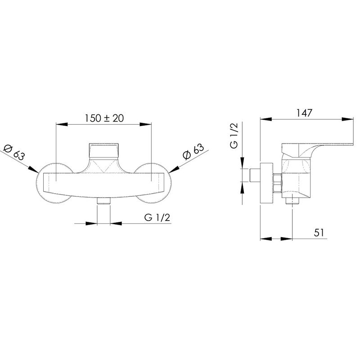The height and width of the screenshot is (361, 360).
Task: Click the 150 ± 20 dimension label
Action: click(x=104, y=118)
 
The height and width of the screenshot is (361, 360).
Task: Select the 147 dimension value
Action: click(x=304, y=113)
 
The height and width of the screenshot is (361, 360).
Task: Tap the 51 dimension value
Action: click(x=319, y=233)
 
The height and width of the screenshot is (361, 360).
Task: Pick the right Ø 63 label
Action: click(x=193, y=152)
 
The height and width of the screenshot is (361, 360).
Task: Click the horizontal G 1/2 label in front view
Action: click(x=157, y=217)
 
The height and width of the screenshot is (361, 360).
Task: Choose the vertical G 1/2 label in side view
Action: click(x=234, y=135)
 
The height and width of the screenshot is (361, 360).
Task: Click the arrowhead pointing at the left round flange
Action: click(x=33, y=169)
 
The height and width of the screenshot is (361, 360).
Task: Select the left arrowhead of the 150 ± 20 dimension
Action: click(x=62, y=124)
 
